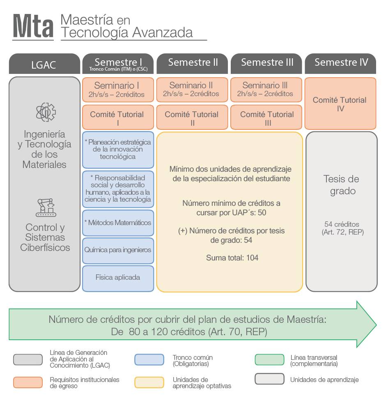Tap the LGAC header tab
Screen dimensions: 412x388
click(x=44, y=64)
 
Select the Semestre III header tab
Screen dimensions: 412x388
click(x=267, y=63)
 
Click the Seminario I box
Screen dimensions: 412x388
click(x=118, y=90)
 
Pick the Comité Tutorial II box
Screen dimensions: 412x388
click(x=192, y=118)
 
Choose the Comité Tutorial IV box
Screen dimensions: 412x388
click(x=340, y=104)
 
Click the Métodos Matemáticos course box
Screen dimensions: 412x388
click(x=118, y=223)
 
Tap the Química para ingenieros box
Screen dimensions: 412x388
click(x=118, y=250)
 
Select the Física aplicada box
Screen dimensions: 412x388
click(x=118, y=278)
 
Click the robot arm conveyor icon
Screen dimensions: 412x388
click(x=45, y=207)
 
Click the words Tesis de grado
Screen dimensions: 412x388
click(x=341, y=185)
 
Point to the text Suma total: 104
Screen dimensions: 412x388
click(x=232, y=258)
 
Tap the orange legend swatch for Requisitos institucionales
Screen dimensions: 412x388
click(x=28, y=382)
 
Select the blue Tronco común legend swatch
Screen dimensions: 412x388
click(x=149, y=360)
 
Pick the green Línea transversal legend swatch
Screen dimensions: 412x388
click(x=269, y=360)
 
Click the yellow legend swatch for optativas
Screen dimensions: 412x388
click(x=149, y=382)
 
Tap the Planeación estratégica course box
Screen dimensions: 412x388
click(x=118, y=150)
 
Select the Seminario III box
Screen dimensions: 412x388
click(x=267, y=90)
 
